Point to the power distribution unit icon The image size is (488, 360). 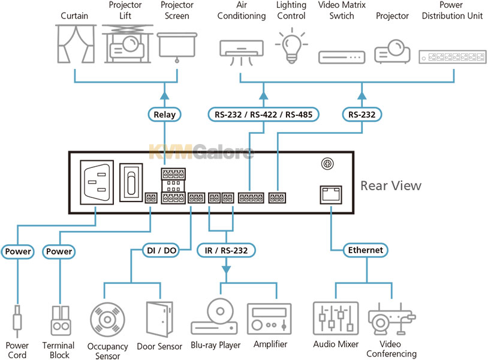click(x=453, y=56)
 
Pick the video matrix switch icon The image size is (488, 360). click(x=342, y=58)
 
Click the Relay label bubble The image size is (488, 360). click(x=164, y=115)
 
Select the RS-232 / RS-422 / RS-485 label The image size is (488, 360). click(x=263, y=115)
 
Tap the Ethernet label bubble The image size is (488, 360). click(x=365, y=250)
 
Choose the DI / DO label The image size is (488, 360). click(x=161, y=250)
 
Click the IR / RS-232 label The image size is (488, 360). click(x=226, y=250)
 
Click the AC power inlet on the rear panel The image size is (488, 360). click(x=97, y=182)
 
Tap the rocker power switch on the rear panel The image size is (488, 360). click(x=131, y=182)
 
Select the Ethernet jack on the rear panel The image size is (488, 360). click(x=331, y=194)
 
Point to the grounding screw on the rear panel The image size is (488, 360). click(x=327, y=163)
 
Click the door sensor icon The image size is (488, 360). click(x=159, y=319)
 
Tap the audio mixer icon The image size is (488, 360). click(x=336, y=318)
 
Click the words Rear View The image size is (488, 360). click(x=391, y=185)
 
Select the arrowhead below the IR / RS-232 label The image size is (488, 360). click(x=226, y=270)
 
